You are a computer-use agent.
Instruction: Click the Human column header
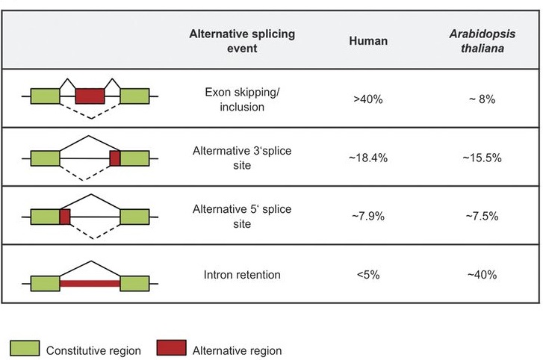coord(368,41)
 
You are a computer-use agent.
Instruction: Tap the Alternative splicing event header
coord(242,40)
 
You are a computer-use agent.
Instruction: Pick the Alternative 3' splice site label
coord(242,158)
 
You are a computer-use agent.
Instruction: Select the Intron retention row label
coord(242,275)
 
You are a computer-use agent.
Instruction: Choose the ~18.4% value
coord(368,158)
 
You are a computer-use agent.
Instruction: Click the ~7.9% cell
coord(368,217)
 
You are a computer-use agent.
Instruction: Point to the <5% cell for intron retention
coord(368,275)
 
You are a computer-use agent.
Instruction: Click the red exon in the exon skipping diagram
coord(90,96)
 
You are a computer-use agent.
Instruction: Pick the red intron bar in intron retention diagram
coord(90,284)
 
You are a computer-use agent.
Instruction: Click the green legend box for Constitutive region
coord(24,348)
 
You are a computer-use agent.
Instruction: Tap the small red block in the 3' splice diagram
coord(115,158)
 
